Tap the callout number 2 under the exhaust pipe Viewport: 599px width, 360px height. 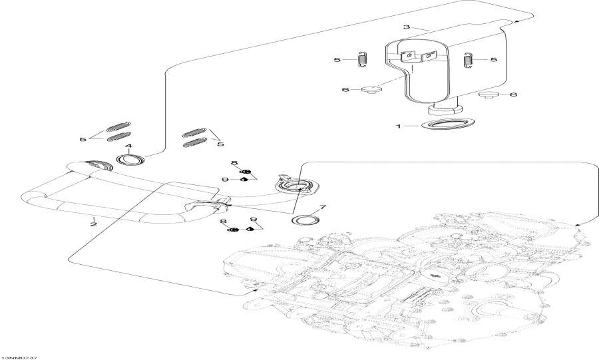[x=94, y=224]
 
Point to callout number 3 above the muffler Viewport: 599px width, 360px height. [x=405, y=27]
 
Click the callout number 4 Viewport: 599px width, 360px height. [x=128, y=146]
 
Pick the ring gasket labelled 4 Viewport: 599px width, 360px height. [x=130, y=160]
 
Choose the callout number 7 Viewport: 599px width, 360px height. [x=323, y=208]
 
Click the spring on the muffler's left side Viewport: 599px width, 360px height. [x=363, y=59]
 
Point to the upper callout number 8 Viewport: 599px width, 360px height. [x=234, y=163]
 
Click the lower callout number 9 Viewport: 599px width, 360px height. [x=253, y=220]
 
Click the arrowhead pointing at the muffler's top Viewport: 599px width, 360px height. [x=514, y=22]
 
